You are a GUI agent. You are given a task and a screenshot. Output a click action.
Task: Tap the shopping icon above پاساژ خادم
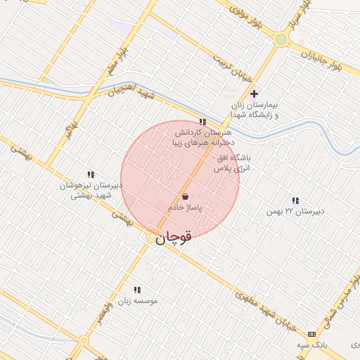tap(185, 197)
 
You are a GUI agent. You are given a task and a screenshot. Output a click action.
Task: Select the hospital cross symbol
tap(254, 94)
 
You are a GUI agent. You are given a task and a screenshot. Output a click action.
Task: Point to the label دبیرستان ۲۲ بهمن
tap(294, 211)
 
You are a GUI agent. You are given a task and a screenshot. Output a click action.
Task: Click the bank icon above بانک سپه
tap(311, 333)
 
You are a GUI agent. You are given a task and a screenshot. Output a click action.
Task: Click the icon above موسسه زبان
tap(137, 290)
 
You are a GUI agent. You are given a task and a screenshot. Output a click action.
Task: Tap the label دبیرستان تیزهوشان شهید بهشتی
tap(91, 191)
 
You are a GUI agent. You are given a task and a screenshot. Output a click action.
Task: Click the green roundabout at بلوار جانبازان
tap(281, 40)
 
